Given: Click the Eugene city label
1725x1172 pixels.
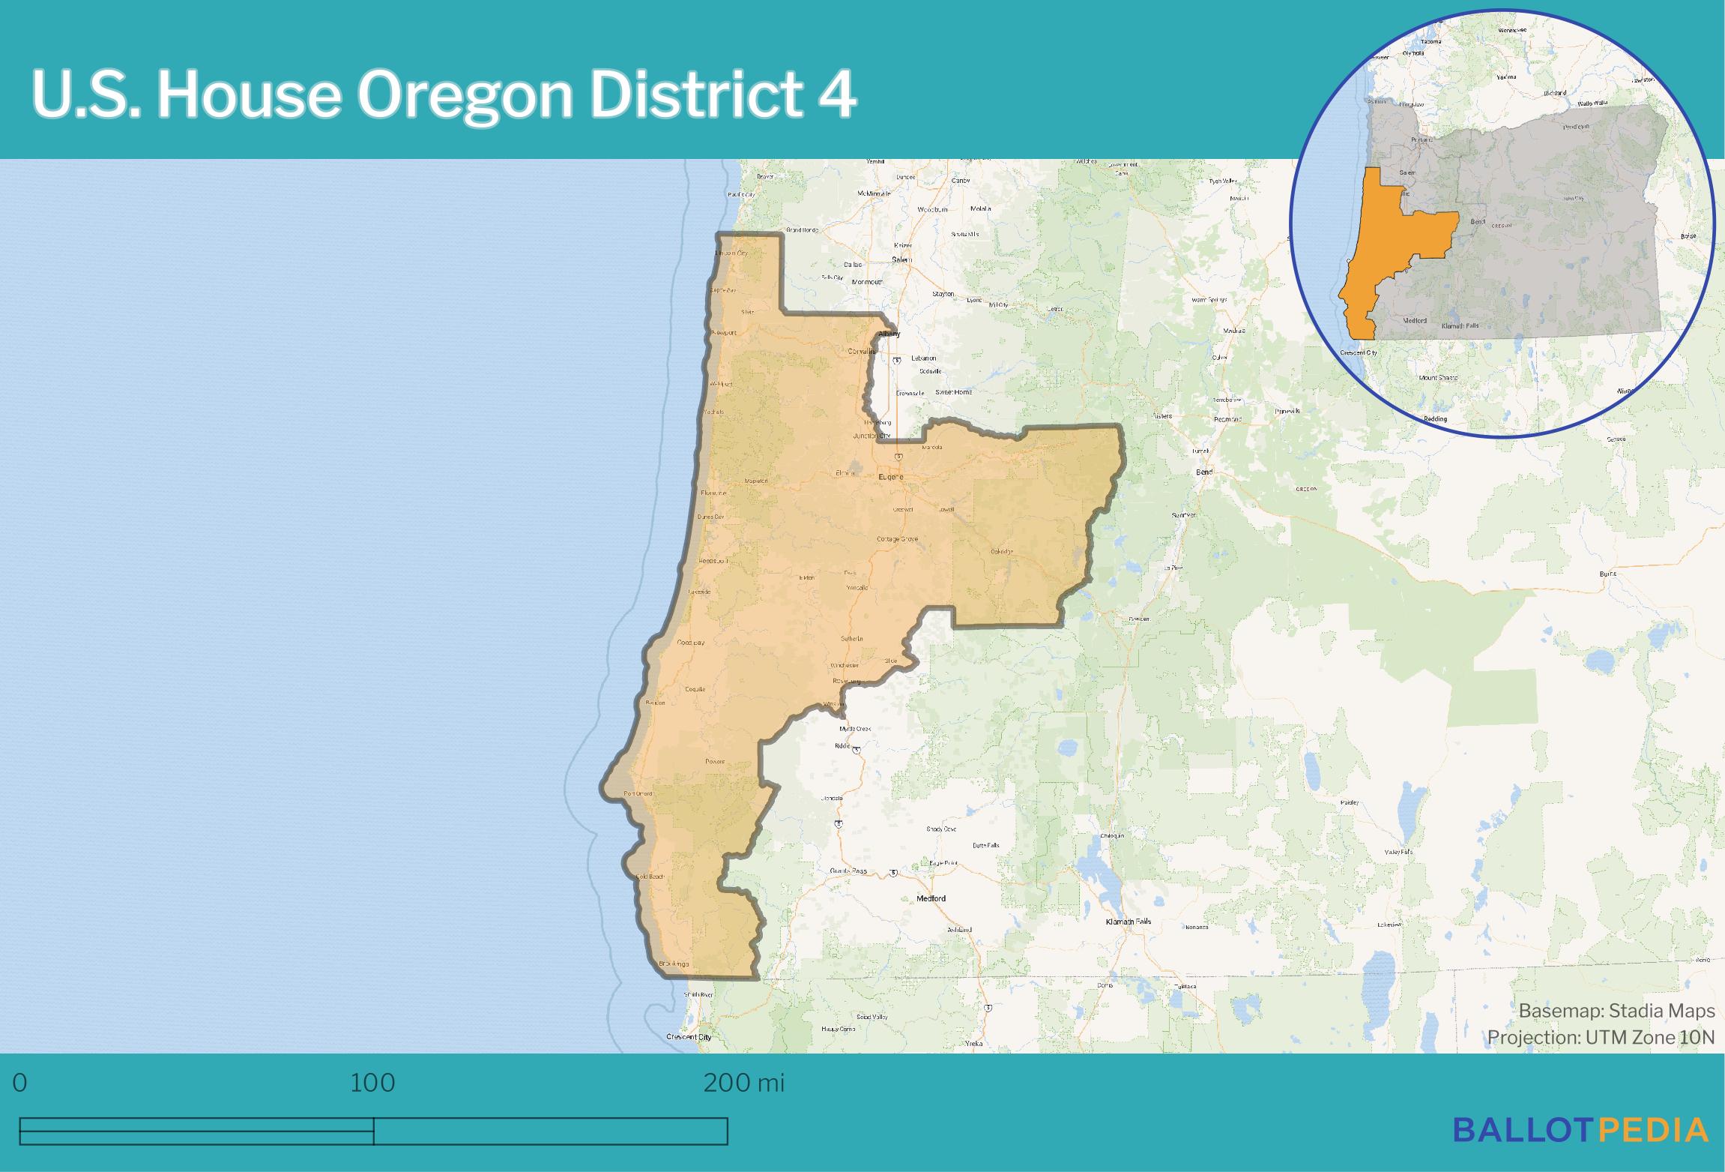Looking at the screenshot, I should click(890, 477).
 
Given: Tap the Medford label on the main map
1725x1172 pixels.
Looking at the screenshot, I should click(931, 898).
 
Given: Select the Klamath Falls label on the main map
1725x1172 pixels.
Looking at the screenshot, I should click(1128, 922).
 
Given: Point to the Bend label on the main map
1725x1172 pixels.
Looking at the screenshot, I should click(1204, 472).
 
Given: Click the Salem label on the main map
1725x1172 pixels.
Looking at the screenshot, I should click(901, 259).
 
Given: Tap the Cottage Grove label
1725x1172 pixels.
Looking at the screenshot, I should click(897, 539).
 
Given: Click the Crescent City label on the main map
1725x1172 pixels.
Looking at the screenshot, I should click(688, 1037).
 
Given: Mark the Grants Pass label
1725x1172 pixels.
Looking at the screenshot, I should click(848, 871).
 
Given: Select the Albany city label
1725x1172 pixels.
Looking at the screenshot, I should click(889, 334).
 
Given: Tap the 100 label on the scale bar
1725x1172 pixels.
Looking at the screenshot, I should click(372, 1083).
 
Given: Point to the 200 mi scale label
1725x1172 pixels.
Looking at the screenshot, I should click(743, 1083).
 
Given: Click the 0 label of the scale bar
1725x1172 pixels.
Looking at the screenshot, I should click(20, 1083).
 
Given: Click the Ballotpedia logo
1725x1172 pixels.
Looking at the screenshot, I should click(1580, 1130).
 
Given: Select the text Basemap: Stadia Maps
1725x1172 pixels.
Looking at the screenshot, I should click(1616, 1011).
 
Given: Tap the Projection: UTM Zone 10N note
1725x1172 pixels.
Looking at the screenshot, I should click(1601, 1037).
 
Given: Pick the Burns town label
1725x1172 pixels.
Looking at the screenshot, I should click(1607, 574).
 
